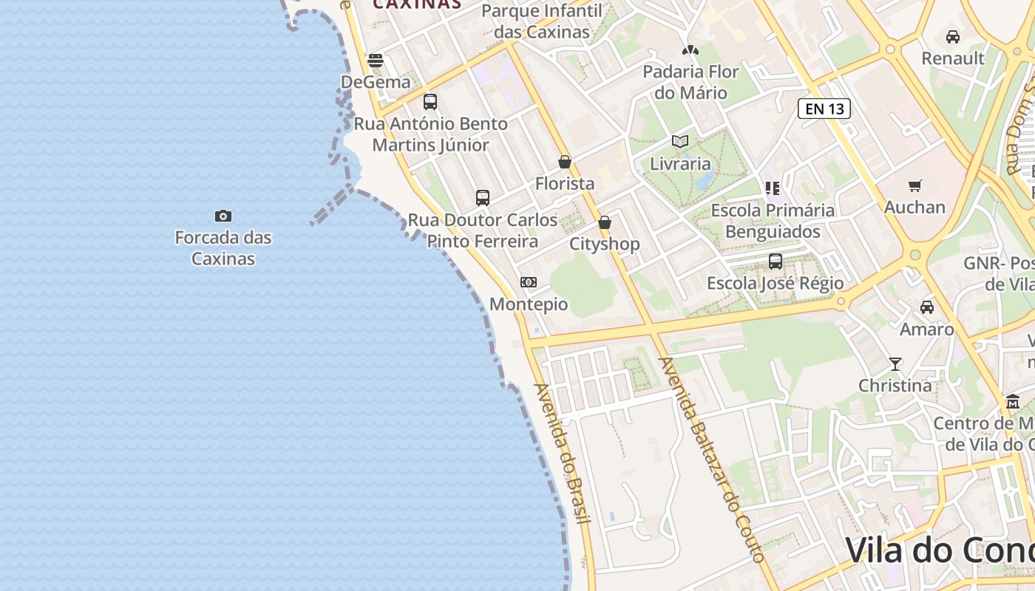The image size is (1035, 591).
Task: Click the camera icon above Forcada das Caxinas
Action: click(x=223, y=216)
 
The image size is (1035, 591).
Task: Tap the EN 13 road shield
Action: click(x=824, y=109)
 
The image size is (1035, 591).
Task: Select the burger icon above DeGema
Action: click(x=376, y=60)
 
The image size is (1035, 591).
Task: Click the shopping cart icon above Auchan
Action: click(x=915, y=185)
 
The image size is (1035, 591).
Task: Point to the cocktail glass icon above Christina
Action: click(x=895, y=363)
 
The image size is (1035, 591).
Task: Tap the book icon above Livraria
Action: click(x=680, y=141)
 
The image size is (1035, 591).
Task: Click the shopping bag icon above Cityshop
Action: click(x=605, y=222)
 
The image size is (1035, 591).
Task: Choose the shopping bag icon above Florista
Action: click(x=565, y=162)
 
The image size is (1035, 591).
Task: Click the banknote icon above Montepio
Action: click(x=529, y=282)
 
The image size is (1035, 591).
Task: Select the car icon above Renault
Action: click(x=953, y=36)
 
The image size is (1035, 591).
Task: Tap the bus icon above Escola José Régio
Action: click(x=776, y=261)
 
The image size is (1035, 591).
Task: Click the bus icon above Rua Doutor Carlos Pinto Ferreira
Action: click(x=483, y=197)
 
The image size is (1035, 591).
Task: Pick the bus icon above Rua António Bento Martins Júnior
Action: click(x=430, y=101)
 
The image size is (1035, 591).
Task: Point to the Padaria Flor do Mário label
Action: click(x=690, y=82)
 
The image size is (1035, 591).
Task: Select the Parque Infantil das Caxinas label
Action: click(x=542, y=21)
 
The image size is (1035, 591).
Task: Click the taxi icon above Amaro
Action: click(x=927, y=307)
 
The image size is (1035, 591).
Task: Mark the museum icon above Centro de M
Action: click(x=1013, y=401)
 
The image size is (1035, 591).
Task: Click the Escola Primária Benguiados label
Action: click(x=773, y=221)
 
